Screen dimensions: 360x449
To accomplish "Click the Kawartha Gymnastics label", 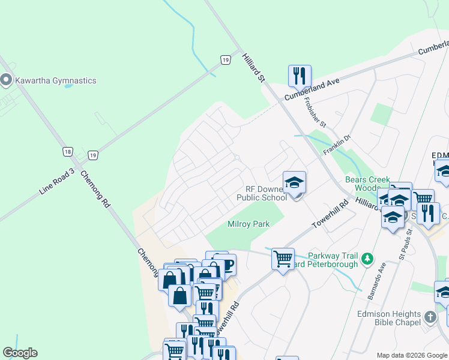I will (56, 80).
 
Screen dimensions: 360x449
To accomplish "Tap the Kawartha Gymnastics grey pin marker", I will (7, 80).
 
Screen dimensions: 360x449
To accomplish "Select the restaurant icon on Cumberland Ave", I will (299, 77).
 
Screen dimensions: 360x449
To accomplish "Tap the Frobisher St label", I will (315, 113).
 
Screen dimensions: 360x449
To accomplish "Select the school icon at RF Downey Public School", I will (294, 182).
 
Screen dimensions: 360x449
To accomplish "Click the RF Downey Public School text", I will (262, 193).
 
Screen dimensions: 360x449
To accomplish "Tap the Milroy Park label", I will (249, 224).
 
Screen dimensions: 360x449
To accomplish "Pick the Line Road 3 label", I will (56, 181).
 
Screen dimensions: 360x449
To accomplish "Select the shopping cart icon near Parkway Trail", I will (283, 259).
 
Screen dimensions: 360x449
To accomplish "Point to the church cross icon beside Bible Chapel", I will (430, 317).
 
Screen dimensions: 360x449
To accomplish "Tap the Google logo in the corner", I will (20, 353).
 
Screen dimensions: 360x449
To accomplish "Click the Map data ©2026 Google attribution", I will (412, 355).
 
